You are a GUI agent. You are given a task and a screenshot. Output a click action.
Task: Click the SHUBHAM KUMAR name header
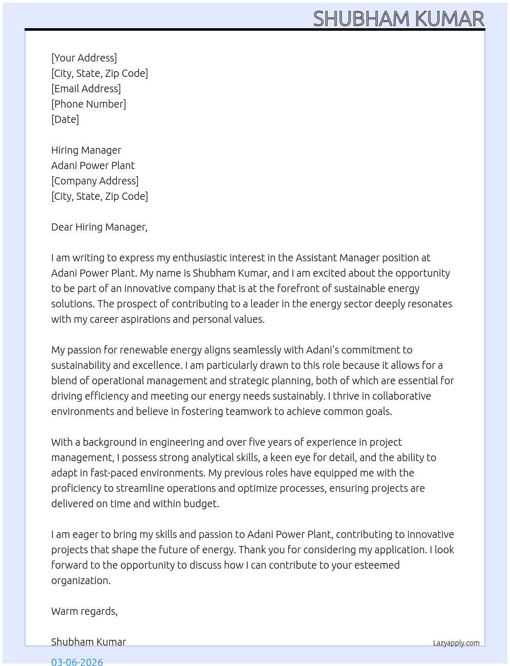[398, 18]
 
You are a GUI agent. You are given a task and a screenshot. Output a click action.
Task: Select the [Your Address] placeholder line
[84, 58]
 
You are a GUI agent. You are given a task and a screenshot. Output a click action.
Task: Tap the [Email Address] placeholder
[86, 89]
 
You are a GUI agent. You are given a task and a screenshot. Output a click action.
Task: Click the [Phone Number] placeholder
[89, 104]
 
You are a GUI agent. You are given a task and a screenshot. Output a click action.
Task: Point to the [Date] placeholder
[65, 119]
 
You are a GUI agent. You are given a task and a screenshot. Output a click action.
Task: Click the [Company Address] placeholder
[95, 181]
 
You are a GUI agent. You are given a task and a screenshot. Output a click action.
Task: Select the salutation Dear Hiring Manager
[99, 227]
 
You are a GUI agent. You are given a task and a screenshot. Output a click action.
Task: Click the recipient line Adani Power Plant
[93, 165]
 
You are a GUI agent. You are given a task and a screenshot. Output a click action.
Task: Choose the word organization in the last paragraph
[80, 580]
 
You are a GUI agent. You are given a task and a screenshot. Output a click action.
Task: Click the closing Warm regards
[84, 611]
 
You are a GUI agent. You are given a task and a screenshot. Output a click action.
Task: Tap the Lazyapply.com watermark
[456, 643]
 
